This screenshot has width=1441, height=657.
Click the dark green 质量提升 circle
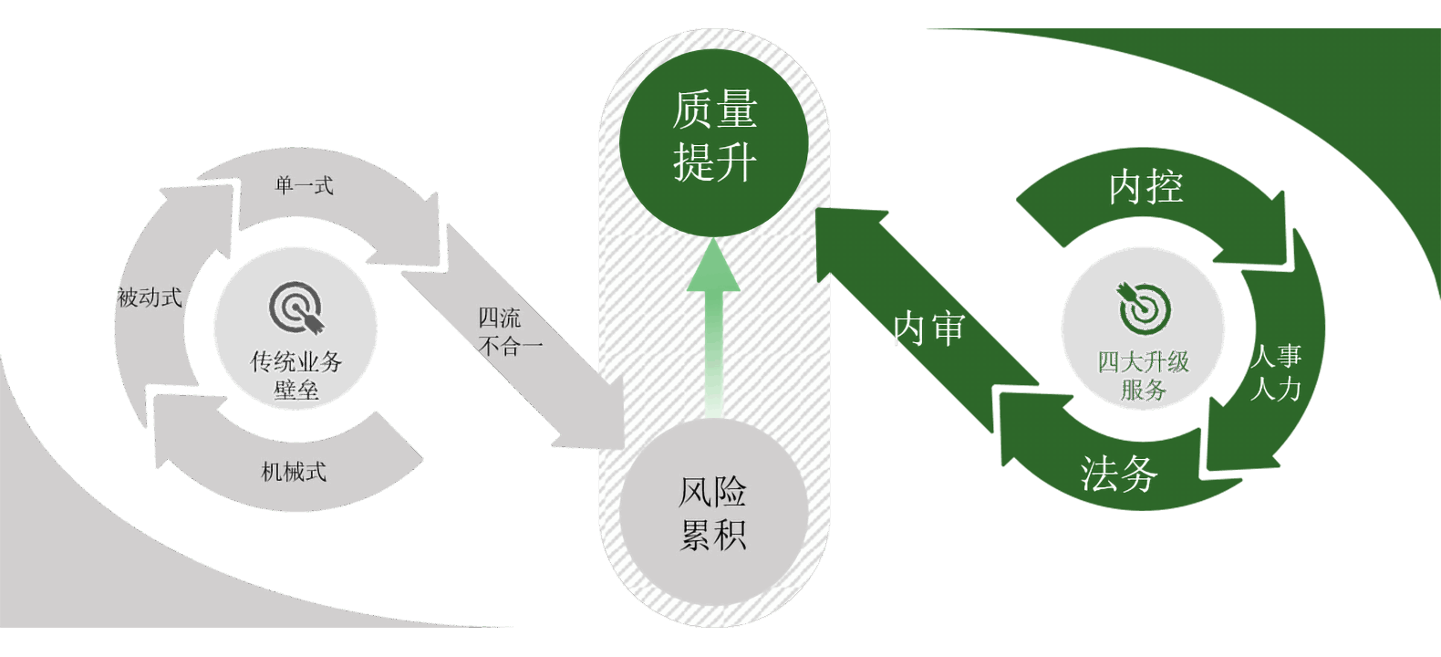click(714, 141)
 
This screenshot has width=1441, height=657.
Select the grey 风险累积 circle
click(714, 513)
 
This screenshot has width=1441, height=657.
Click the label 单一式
click(305, 186)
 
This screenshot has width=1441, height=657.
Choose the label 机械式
click(294, 472)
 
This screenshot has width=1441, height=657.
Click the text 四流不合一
click(509, 332)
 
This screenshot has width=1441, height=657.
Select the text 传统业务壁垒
click(296, 375)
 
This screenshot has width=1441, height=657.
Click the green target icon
click(1144, 308)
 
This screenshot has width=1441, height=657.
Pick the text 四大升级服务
click(1144, 375)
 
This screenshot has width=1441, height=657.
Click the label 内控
click(1146, 187)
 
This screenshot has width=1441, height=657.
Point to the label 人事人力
click(1276, 372)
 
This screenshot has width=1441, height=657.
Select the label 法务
click(1119, 474)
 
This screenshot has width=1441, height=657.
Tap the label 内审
click(928, 328)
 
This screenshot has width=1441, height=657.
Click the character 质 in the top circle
click(692, 110)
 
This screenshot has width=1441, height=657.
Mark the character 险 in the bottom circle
click(731, 493)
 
